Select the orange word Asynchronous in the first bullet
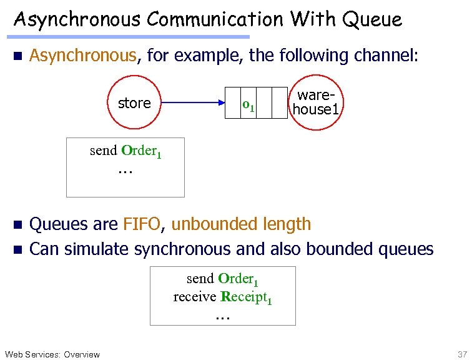tap(83, 56)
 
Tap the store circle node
tap(134, 103)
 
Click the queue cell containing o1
tap(248, 103)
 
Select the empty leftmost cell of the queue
tap(232, 103)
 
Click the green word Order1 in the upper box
tap(142, 151)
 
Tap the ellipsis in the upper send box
tap(125, 169)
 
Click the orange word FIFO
tap(142, 224)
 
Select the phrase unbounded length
tap(240, 224)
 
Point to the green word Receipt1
tap(246, 297)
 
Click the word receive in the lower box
tap(195, 297)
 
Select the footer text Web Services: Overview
tap(52, 354)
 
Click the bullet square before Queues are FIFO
tap(17, 224)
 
